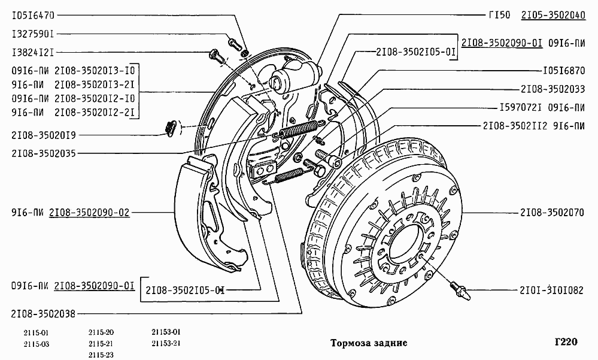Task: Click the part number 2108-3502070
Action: point(553,213)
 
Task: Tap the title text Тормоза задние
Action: point(369,343)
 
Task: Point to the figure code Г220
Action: point(566,342)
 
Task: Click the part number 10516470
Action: point(33,14)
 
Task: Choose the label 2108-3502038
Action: point(43,313)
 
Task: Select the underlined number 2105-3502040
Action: point(553,15)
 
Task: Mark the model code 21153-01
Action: point(166,332)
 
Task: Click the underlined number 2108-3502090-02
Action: point(89,213)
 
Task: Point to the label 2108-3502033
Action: point(553,89)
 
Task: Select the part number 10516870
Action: point(564,69)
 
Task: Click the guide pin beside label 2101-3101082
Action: point(459,291)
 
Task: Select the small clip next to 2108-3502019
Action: point(169,127)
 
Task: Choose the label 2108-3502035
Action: point(43,153)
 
